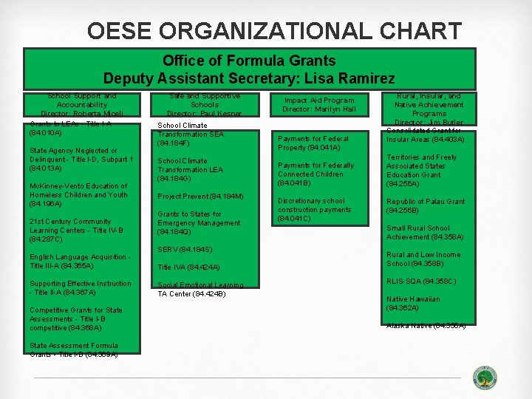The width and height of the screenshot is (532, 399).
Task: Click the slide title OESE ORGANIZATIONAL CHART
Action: (x=274, y=31)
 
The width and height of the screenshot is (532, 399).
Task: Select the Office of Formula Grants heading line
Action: (x=249, y=61)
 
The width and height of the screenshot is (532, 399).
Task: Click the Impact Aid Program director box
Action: (x=319, y=105)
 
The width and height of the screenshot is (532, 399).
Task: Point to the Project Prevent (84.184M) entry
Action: (x=200, y=197)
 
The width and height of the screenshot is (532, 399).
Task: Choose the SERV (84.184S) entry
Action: (x=185, y=250)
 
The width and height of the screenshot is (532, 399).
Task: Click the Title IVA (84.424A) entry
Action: (x=188, y=267)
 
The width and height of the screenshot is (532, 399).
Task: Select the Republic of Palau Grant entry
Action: (x=426, y=205)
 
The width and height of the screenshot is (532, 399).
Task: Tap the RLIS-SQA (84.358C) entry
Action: (x=421, y=282)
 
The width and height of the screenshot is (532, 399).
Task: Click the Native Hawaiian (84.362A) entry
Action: (x=413, y=303)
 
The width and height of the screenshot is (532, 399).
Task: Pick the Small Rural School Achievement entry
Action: (x=425, y=233)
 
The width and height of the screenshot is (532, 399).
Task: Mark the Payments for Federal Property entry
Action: (x=313, y=143)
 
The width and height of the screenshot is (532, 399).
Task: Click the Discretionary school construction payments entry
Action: (x=314, y=210)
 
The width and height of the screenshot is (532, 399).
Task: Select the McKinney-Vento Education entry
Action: (x=78, y=195)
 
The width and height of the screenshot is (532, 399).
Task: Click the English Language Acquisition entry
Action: (x=80, y=262)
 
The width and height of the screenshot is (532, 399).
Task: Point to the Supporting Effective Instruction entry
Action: (x=80, y=288)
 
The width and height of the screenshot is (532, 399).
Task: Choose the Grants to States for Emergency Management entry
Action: (x=199, y=223)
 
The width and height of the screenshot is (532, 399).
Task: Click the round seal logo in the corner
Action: (x=485, y=377)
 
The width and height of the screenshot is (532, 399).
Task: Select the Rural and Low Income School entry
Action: (x=423, y=259)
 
